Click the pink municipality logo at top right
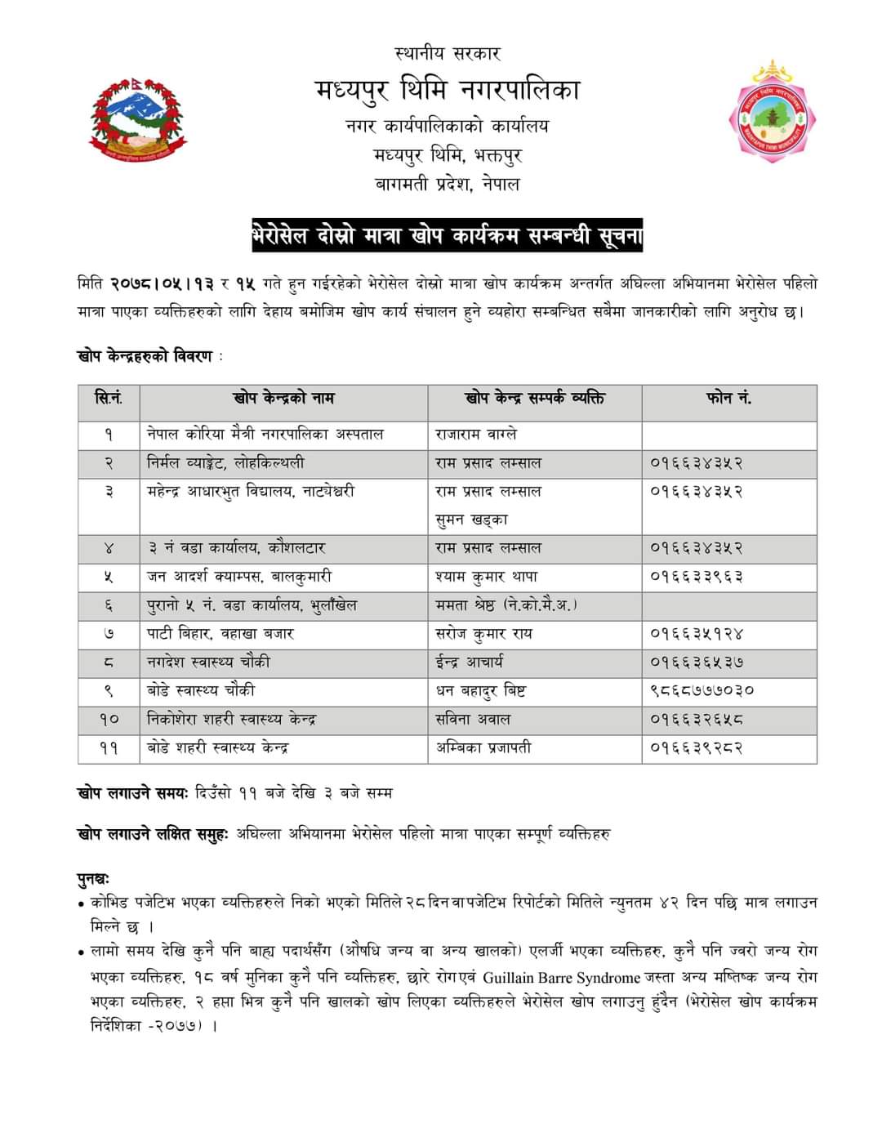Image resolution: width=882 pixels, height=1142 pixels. tap(772, 113)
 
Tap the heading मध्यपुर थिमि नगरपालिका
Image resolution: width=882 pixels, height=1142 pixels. tap(448, 89)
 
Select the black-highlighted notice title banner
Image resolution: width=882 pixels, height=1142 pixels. tap(448, 237)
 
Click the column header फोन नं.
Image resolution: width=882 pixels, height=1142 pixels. tap(728, 399)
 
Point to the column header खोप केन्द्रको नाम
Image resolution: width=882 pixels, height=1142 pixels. tap(283, 399)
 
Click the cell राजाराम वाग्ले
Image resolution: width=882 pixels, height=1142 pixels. tap(476, 435)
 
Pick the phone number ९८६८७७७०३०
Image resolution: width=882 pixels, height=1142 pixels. tap(702, 690)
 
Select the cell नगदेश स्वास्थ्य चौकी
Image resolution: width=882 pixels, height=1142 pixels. tap(208, 662)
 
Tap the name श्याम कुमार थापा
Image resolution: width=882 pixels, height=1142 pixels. tap(487, 577)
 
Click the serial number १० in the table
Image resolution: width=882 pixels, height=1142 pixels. tap(109, 720)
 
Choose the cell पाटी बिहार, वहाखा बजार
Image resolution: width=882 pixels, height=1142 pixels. tap(220, 633)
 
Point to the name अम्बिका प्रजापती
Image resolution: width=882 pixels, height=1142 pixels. tap(483, 747)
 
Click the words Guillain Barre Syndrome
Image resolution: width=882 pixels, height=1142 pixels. tap(561, 978)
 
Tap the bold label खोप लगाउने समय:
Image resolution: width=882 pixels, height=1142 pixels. tap(134, 792)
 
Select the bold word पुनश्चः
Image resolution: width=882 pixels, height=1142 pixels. tap(93, 879)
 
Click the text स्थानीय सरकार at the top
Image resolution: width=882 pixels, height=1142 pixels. tap(448, 54)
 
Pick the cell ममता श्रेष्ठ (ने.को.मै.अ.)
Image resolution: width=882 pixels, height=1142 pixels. tap(506, 605)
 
